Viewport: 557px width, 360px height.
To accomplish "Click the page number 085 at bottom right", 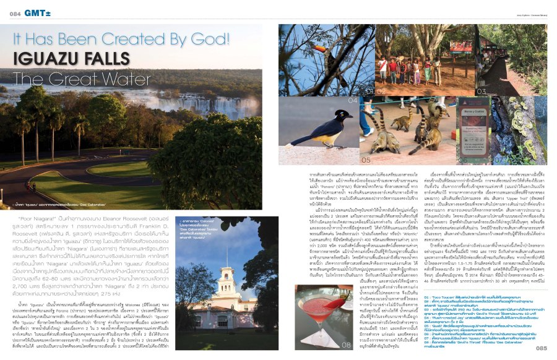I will click(x=541, y=348).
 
